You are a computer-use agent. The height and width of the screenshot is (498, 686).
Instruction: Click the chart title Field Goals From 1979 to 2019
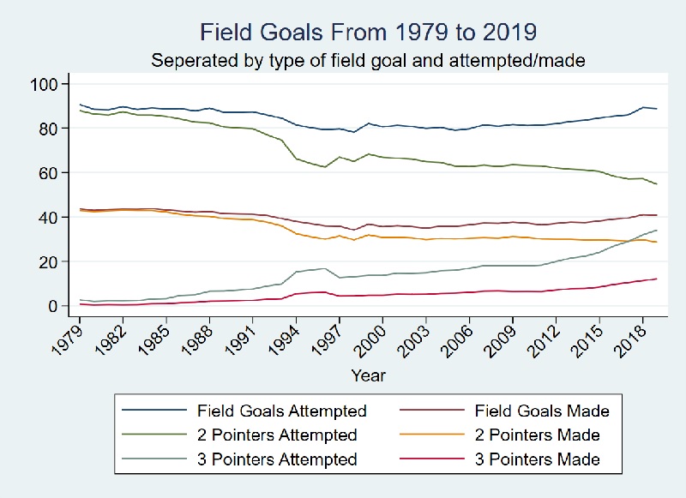(368, 33)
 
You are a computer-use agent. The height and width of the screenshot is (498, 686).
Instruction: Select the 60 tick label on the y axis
(47, 173)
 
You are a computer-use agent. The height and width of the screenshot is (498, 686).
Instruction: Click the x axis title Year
(368, 375)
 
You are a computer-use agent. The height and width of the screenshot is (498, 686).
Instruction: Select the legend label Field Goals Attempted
(282, 411)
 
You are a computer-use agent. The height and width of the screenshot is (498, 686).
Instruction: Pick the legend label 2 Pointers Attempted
(276, 435)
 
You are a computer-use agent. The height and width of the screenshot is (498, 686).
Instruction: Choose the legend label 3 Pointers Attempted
(276, 459)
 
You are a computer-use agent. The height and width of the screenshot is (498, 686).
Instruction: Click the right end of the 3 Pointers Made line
(657, 279)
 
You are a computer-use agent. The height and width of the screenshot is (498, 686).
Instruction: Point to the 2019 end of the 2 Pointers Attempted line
(657, 184)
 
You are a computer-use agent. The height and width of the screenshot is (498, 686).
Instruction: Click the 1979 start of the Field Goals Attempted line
(80, 105)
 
